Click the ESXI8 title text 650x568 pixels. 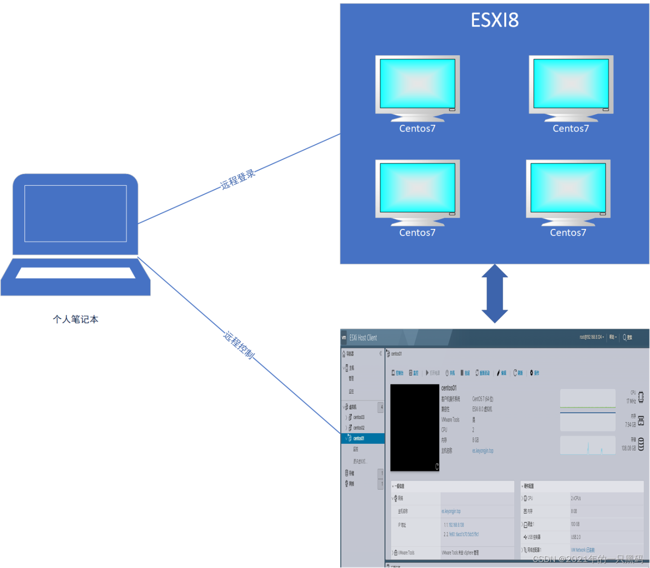coord(495,20)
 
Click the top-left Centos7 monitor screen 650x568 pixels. coord(417,82)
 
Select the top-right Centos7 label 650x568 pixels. coord(571,128)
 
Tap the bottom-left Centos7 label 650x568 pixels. coord(417,232)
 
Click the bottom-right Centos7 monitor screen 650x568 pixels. coord(568,187)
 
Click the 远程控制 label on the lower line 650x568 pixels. coord(239,345)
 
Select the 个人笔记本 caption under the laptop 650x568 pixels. coord(76,319)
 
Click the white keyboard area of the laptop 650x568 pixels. coord(76,273)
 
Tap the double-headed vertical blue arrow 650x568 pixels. coord(495,293)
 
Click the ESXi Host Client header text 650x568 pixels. coord(363,338)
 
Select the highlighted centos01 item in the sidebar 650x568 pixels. coord(359,438)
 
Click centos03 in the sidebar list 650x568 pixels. coord(359,417)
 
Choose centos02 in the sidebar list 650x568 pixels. coord(359,428)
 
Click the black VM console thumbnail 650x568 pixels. coord(414,427)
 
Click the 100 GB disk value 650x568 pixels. coord(575,524)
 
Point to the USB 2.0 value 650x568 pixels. coord(575,537)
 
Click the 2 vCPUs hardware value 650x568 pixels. coord(576,498)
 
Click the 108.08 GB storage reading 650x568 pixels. coord(629,448)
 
